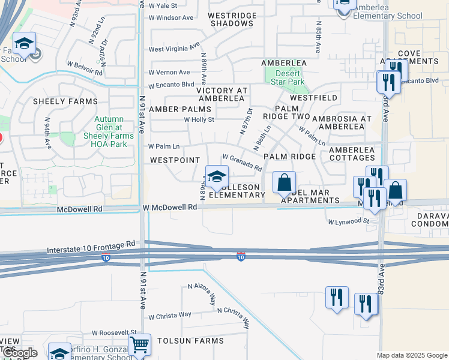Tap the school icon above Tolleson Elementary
click(x=217, y=176)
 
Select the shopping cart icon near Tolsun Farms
click(x=139, y=345)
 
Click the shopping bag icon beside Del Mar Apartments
click(x=285, y=182)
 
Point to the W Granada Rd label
click(x=242, y=161)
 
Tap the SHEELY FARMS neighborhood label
click(x=65, y=101)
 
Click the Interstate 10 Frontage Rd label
click(x=91, y=245)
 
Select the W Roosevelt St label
click(x=114, y=332)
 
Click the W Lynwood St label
click(x=349, y=221)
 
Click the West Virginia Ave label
click(x=174, y=48)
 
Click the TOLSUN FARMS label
click(x=190, y=341)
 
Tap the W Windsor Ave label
click(x=172, y=17)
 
